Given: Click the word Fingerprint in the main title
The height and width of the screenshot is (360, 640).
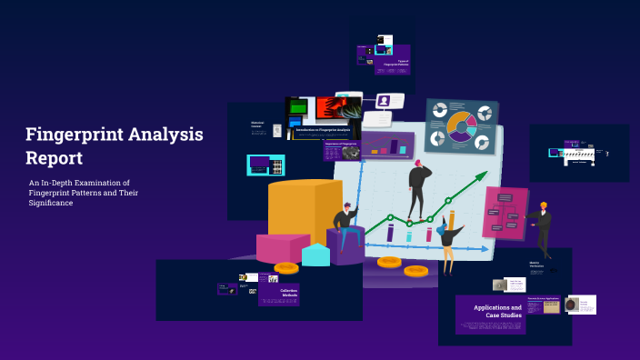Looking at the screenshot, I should tap(74, 135).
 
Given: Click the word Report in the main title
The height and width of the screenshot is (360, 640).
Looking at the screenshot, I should tap(54, 158).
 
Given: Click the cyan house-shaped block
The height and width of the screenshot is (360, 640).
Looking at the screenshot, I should tap(315, 255).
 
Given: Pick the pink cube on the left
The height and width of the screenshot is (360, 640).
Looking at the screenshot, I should tap(280, 247).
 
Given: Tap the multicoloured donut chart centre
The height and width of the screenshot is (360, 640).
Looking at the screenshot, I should tap(461, 126).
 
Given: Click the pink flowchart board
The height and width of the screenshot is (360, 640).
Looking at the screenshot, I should tap(505, 213).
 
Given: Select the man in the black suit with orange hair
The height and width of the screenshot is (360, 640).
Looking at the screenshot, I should tap(543, 227).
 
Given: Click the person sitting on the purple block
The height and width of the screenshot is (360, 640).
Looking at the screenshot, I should tap(345, 224).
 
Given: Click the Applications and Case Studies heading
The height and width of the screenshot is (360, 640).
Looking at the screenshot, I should tap(497, 311).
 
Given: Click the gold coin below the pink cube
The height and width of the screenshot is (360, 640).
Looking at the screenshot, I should tap(285, 267).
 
